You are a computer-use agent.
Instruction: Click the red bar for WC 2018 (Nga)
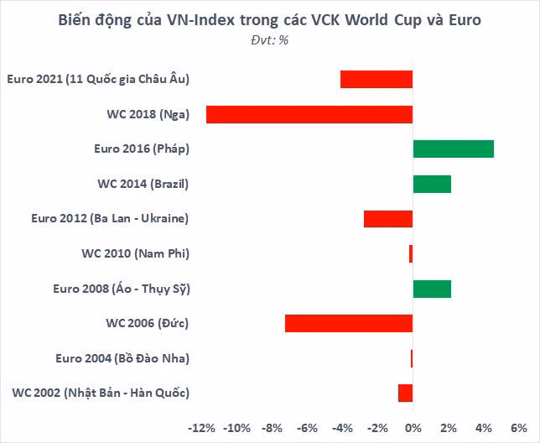click(309, 114)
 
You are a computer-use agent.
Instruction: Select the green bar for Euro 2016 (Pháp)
click(453, 149)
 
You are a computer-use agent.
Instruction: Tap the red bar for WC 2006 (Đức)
click(349, 323)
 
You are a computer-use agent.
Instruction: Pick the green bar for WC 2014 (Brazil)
click(432, 184)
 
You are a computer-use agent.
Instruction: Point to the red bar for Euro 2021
click(376, 79)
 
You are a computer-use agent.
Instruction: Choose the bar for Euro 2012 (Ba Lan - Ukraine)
click(388, 218)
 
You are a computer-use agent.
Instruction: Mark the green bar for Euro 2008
click(432, 289)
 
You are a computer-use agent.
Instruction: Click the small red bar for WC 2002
click(406, 393)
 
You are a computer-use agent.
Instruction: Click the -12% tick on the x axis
click(202, 428)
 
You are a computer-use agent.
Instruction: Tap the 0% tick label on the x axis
click(413, 428)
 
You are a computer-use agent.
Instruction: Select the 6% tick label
click(518, 428)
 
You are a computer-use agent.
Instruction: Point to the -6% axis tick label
click(308, 428)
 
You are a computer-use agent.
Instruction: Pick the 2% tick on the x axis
click(448, 428)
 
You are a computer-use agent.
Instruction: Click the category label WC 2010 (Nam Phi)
click(135, 253)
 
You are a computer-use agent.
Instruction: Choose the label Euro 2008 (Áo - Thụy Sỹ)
click(122, 289)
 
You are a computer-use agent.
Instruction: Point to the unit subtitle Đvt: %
click(269, 40)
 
